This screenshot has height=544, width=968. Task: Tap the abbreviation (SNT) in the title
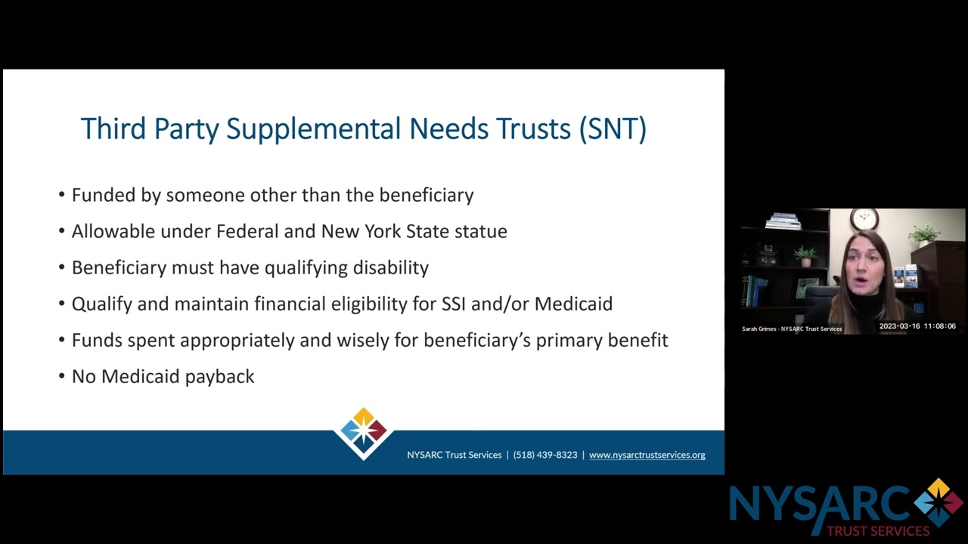[613, 129]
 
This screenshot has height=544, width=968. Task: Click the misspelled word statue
[480, 231]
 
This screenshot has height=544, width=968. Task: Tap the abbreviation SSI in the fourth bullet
[453, 304]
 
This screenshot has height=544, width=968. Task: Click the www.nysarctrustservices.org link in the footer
[647, 455]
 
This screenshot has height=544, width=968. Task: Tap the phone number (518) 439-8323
[544, 455]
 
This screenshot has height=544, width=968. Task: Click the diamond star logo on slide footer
[364, 432]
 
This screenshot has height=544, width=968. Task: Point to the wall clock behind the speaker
[864, 219]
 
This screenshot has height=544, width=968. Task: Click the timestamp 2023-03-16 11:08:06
[917, 326]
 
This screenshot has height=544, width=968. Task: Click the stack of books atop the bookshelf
[783, 221]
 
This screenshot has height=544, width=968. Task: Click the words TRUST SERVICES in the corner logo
[877, 531]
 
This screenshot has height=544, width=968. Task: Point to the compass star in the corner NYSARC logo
[938, 502]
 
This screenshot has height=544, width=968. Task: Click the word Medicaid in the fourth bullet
[573, 304]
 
